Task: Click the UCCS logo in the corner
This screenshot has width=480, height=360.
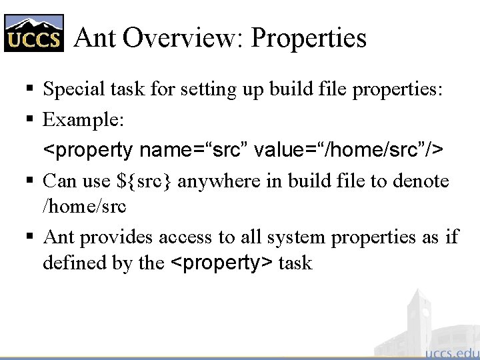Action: [35, 33]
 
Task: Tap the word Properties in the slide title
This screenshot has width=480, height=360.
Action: [309, 39]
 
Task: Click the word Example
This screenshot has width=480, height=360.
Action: [81, 120]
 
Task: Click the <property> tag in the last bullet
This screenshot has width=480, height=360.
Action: [222, 263]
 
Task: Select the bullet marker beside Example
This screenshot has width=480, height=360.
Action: [31, 120]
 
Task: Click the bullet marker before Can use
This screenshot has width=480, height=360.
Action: [31, 181]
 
